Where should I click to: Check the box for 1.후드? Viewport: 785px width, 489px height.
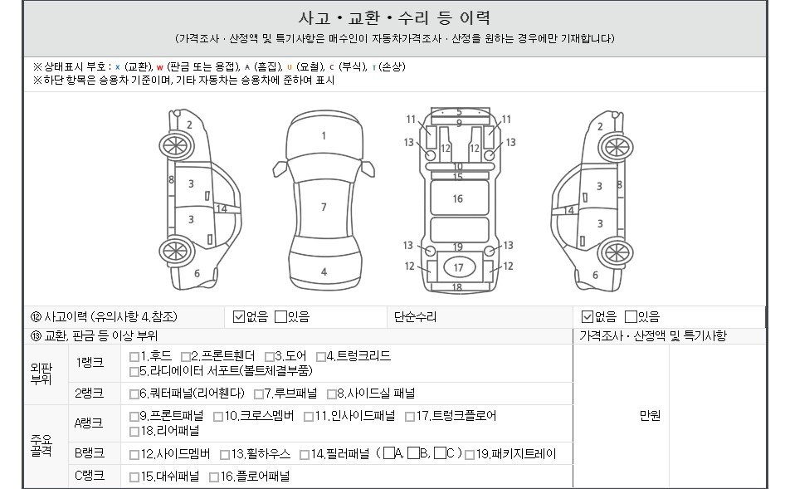(x=134, y=357)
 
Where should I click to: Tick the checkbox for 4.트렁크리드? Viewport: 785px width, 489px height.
(x=321, y=357)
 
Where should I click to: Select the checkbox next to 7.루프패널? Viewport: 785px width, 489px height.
(x=259, y=394)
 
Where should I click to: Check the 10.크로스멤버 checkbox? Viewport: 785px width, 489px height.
(x=218, y=416)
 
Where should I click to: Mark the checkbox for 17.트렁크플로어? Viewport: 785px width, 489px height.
(x=410, y=416)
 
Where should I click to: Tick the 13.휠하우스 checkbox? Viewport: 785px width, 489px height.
(x=225, y=454)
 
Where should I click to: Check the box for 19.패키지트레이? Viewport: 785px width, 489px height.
(x=470, y=454)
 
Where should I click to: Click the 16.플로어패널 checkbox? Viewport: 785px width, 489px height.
(x=214, y=477)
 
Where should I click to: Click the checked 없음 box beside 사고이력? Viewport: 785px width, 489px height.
(x=239, y=316)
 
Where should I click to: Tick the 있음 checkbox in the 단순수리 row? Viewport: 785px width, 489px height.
(x=631, y=316)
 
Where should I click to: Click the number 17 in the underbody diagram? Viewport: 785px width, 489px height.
(x=459, y=267)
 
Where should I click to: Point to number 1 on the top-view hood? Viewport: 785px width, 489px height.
(x=324, y=135)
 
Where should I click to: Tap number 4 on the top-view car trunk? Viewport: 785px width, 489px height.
(x=324, y=271)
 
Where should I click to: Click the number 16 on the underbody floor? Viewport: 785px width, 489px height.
(x=457, y=199)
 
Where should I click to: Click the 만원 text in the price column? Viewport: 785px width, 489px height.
(x=650, y=415)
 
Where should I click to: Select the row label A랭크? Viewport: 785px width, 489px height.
(x=89, y=423)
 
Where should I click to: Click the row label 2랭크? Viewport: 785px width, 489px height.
(x=89, y=394)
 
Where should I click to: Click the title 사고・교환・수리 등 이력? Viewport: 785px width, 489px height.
(x=394, y=18)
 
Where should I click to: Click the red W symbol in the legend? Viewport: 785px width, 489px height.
(x=159, y=67)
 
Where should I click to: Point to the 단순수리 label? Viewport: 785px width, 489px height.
(x=415, y=316)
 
